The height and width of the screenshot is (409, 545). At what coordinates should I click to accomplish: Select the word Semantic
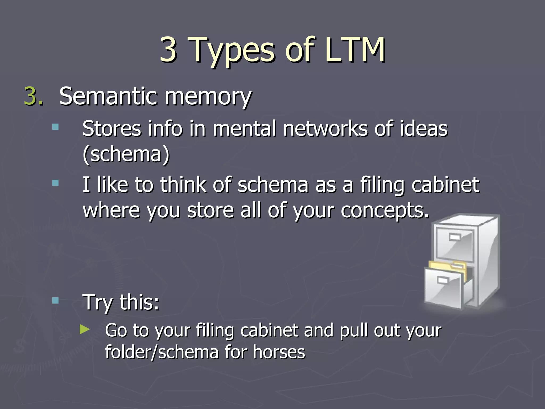click(109, 96)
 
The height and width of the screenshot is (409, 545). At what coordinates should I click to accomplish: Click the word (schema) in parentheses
click(126, 154)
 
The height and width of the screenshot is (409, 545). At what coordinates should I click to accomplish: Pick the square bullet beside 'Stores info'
click(55, 126)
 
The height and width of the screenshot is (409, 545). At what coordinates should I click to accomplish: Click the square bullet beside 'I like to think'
click(55, 183)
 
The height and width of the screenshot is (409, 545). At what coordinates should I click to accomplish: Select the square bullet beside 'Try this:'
click(55, 301)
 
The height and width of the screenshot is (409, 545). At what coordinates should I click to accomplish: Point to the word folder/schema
click(162, 353)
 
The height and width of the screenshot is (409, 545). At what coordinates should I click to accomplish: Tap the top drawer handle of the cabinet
click(455, 237)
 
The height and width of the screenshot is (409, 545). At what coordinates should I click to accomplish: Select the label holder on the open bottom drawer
click(443, 280)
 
